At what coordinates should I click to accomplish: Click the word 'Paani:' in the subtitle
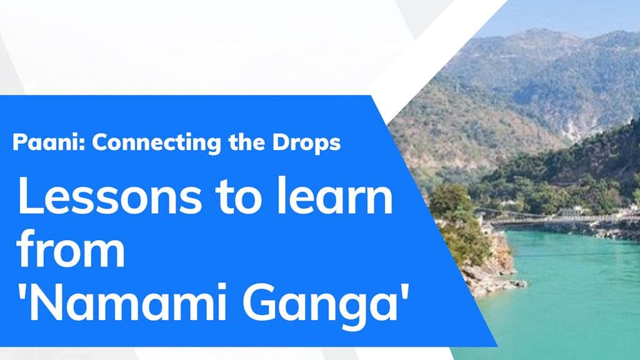pos(49,143)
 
